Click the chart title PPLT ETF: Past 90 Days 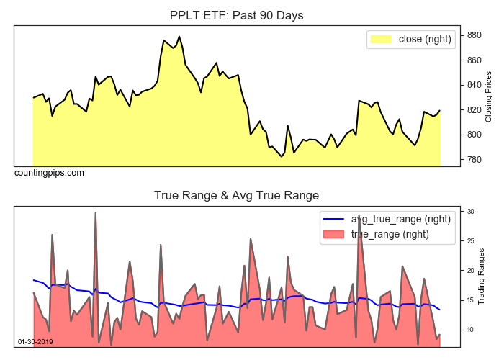(237, 15)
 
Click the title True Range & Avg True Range (237, 195)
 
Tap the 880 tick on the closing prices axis (474, 35)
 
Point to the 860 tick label (474, 60)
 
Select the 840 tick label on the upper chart (474, 85)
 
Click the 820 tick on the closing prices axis (474, 110)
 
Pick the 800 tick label (474, 135)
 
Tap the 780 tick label (474, 160)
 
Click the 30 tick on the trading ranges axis (471, 212)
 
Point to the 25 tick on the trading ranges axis (471, 241)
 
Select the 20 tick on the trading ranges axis (471, 271)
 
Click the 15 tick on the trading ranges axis (471, 300)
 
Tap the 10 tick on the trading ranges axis (471, 330)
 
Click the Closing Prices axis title (489, 96)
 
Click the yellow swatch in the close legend (381, 39)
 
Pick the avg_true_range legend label (401, 219)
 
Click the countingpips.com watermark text (49, 173)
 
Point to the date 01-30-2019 (35, 341)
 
